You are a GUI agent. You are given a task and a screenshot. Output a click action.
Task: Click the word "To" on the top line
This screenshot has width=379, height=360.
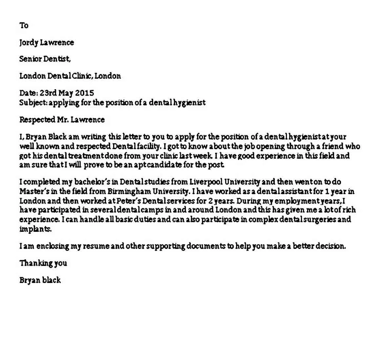[x=24, y=25]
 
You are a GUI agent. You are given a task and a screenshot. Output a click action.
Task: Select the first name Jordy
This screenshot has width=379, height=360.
[x=29, y=43]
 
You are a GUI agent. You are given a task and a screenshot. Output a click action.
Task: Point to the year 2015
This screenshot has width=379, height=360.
[x=85, y=93]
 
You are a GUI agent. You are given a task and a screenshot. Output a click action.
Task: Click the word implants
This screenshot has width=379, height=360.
[x=35, y=229]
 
